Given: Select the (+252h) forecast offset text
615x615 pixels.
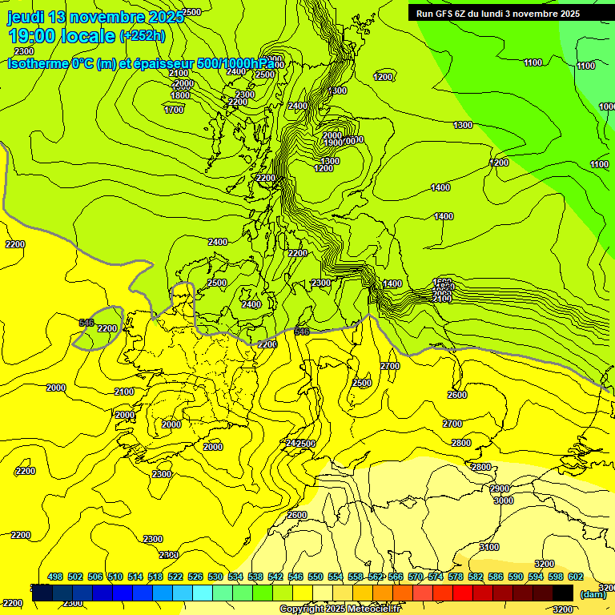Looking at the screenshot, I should [x=143, y=36].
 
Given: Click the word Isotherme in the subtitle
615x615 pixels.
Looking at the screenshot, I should [x=37, y=64].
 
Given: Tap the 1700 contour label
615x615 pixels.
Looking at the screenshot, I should [x=174, y=110].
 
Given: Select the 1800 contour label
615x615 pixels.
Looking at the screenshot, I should [x=180, y=95].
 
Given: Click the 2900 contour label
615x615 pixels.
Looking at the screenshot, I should [x=500, y=488].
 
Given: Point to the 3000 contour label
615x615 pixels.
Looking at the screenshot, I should [x=504, y=500].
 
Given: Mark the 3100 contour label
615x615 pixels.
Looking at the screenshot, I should [x=488, y=547].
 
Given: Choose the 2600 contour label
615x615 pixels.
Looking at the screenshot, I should [x=456, y=395].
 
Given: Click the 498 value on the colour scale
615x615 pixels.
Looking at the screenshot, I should [x=55, y=577].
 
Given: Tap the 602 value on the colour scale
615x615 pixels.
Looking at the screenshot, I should [x=575, y=577].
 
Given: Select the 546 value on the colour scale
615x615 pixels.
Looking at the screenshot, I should [x=295, y=577].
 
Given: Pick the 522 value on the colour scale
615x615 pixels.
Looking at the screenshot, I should [x=175, y=577].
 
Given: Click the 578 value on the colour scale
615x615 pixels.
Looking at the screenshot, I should [x=456, y=577].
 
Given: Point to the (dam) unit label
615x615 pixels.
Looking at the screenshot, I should [x=593, y=594].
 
